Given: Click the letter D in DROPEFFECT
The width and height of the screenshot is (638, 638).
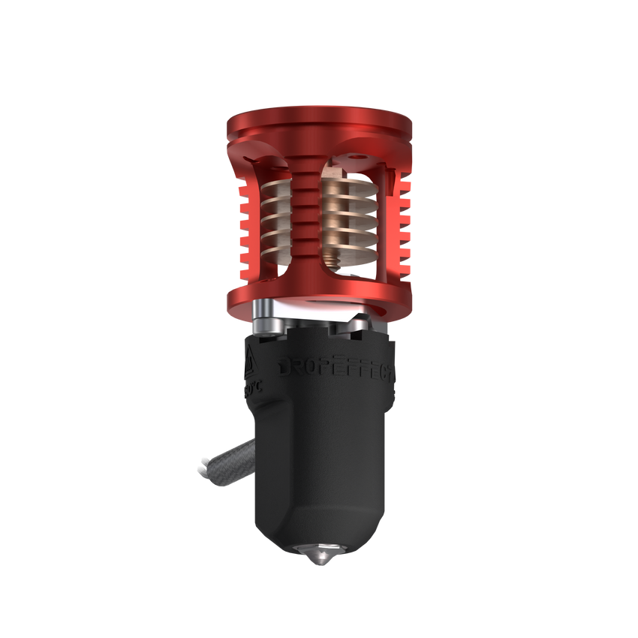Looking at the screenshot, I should click(287, 367).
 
